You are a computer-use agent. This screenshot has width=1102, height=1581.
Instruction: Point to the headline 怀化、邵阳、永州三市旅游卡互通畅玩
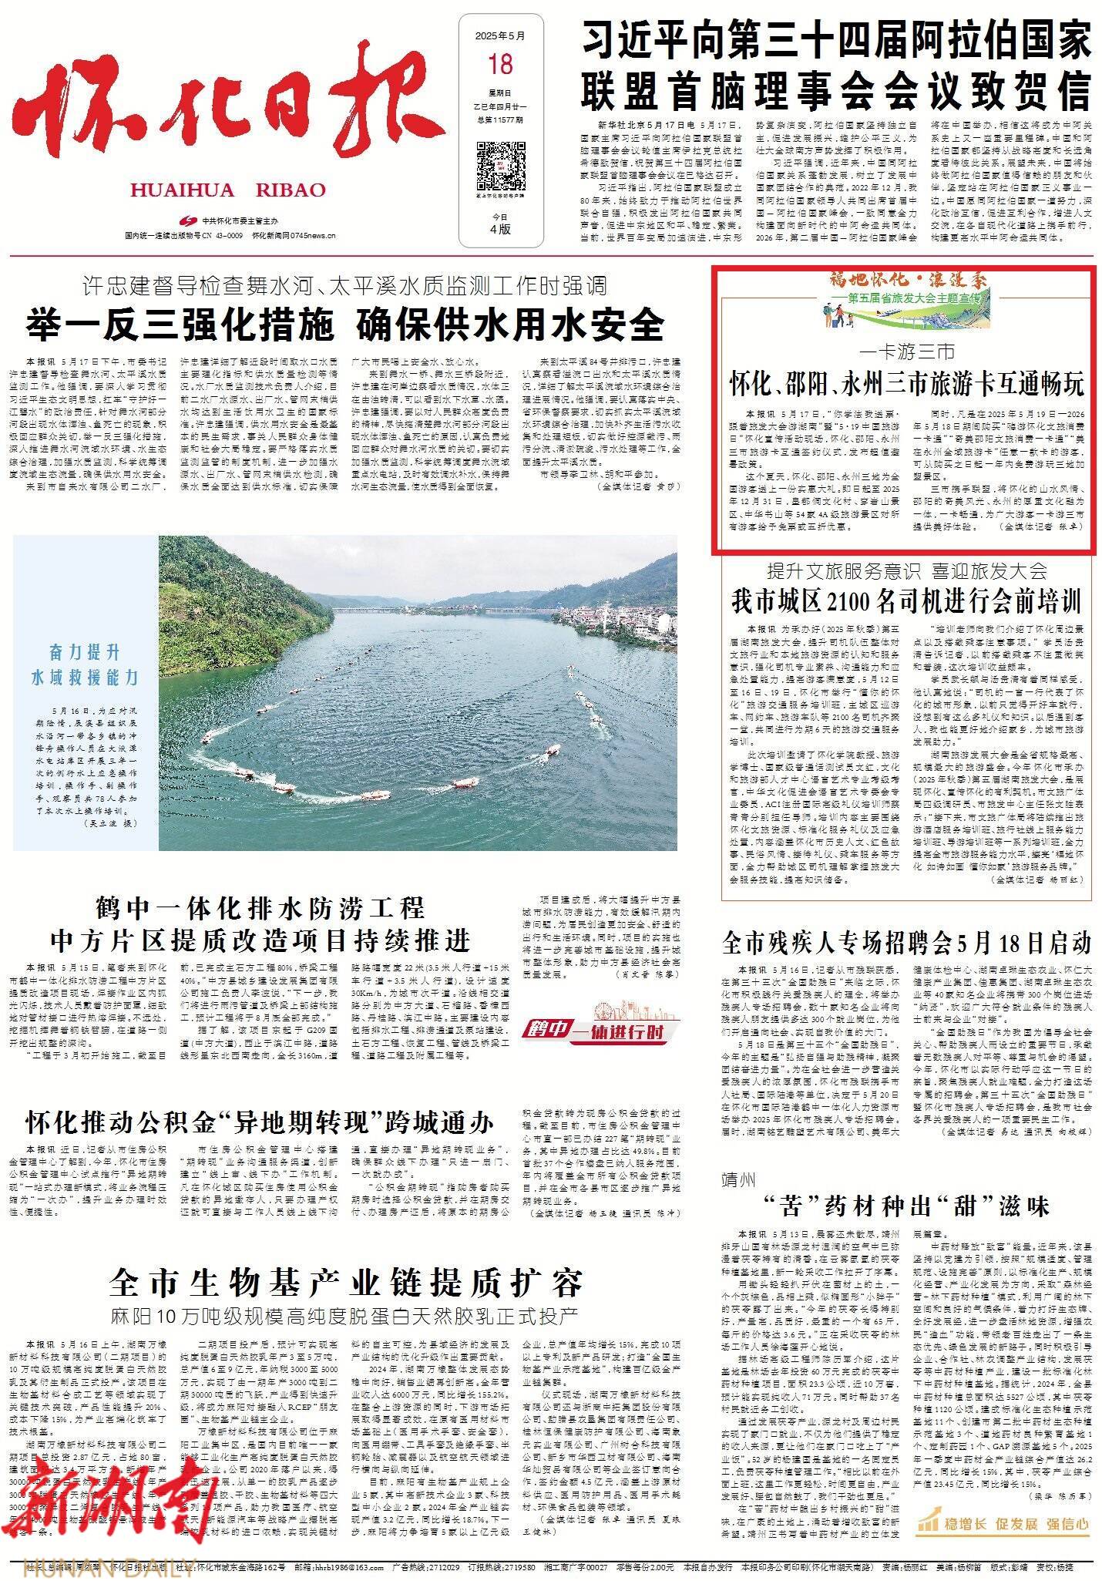(907, 383)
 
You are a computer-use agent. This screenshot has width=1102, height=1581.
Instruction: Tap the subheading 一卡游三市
(907, 353)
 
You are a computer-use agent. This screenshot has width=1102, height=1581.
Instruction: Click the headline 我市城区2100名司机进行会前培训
(907, 601)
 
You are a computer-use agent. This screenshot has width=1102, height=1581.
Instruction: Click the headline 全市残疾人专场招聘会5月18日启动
(907, 942)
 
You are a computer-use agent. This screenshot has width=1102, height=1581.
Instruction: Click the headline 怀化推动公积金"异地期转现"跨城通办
(260, 1122)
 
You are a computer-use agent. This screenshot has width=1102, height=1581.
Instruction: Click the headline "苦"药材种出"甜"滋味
(907, 1206)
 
